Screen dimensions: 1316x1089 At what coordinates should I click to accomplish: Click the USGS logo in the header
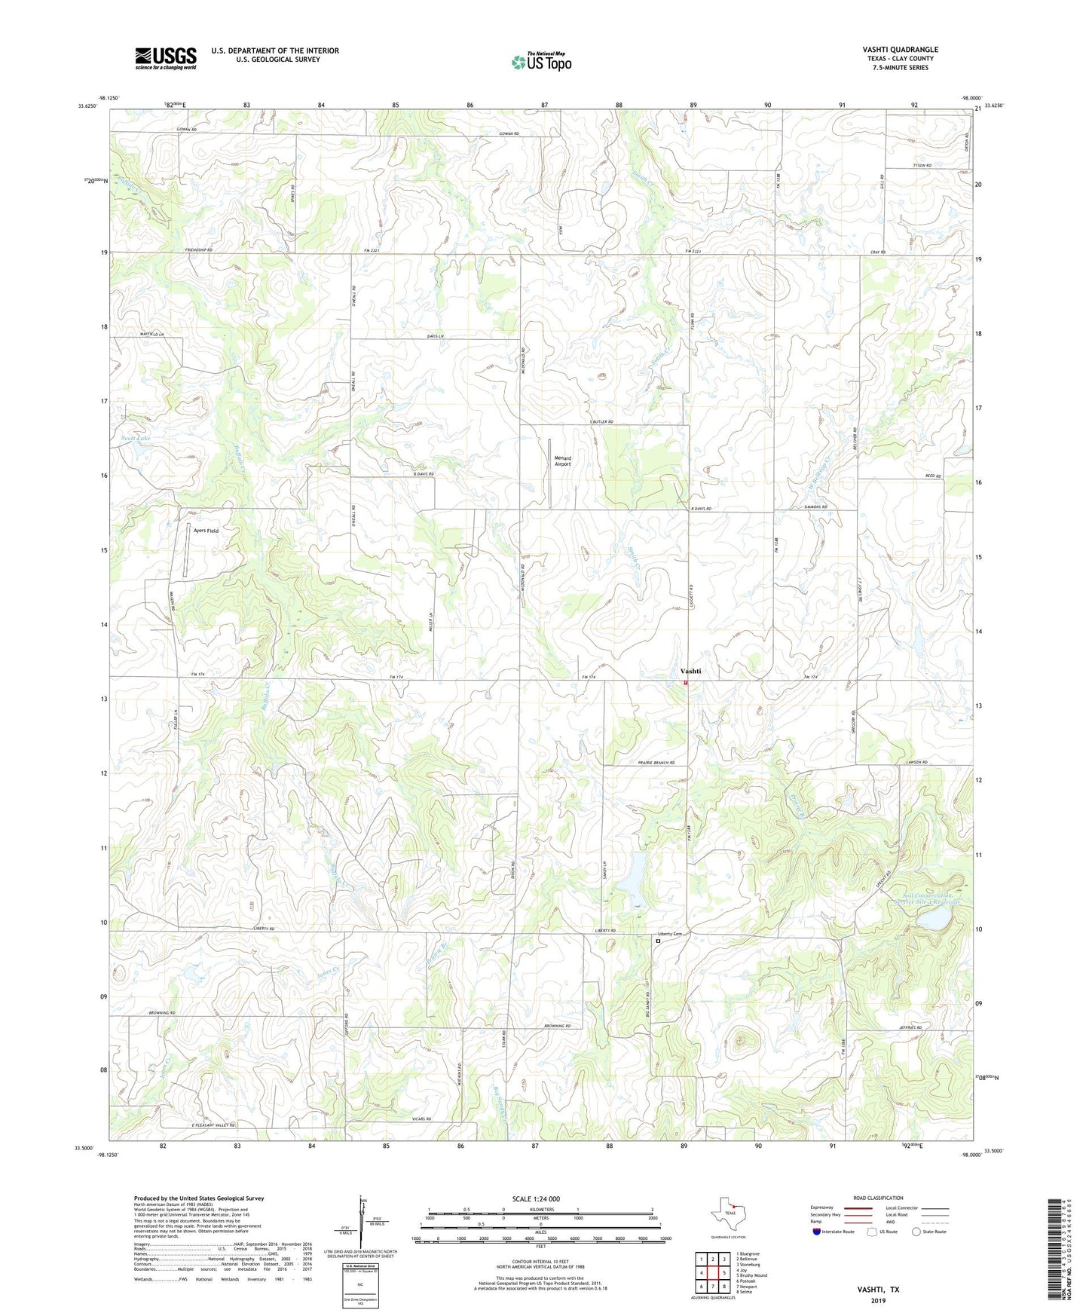point(166,58)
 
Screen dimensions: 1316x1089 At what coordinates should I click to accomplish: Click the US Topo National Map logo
point(541,61)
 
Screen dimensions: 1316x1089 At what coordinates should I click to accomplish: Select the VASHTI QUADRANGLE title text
point(900,50)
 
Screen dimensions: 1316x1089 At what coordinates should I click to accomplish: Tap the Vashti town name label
point(690,671)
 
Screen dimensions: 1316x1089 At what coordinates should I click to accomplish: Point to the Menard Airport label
point(562,461)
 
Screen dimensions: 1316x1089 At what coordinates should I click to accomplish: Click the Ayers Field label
point(206,531)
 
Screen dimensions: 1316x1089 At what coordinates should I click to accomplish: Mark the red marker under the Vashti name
point(686,682)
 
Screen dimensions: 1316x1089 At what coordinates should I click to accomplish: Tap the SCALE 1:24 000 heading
point(536,1198)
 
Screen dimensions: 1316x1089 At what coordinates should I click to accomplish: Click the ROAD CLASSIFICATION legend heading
point(877,1198)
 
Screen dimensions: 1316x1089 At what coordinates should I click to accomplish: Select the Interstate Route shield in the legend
point(818,1232)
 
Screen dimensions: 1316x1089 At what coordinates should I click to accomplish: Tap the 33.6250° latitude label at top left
point(87,106)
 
